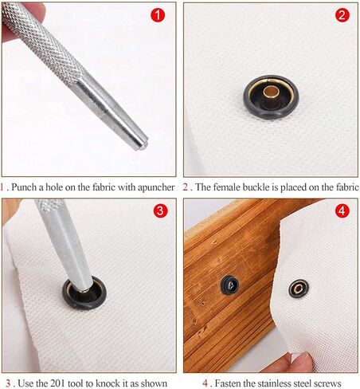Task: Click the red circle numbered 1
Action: point(158,15)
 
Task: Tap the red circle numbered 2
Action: point(342,15)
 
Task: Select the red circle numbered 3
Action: point(160,211)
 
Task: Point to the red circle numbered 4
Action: point(342,211)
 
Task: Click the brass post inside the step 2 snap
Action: point(271,93)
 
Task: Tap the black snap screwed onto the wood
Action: point(230,285)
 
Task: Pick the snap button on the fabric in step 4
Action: point(299,289)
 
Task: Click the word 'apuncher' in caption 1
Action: point(158,187)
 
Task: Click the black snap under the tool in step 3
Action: point(84,293)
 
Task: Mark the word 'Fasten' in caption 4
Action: point(228,383)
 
